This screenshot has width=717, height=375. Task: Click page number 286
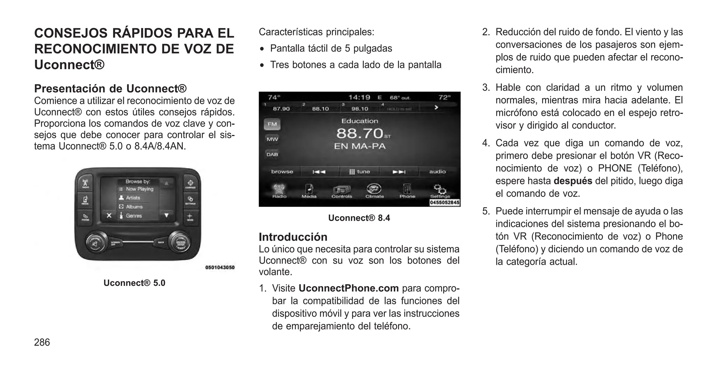42,342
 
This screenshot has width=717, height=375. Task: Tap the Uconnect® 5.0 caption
134,283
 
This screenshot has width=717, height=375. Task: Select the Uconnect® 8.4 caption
359,218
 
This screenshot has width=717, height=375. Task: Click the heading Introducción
293,237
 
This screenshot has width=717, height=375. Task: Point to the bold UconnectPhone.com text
349,288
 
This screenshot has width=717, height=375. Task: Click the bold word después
573,181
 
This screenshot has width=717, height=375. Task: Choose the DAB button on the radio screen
272,154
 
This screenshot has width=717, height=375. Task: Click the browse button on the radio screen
282,171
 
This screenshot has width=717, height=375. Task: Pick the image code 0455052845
445,203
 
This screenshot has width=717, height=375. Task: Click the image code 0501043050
220,268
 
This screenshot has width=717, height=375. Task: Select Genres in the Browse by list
134,216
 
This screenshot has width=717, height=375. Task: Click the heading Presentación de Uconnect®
110,88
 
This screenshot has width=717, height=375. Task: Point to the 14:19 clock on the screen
359,97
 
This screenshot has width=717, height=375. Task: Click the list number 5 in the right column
486,211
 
